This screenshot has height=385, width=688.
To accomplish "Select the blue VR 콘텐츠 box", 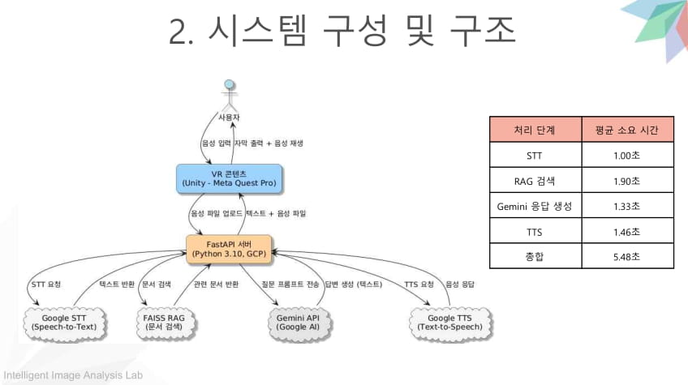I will pyautogui.click(x=230, y=178).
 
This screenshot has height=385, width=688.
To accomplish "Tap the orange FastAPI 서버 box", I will pyautogui.click(x=230, y=248).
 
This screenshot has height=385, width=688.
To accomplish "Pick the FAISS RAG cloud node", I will pyautogui.click(x=165, y=322).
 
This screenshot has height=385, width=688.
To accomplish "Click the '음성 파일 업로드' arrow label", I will pyautogui.click(x=215, y=213).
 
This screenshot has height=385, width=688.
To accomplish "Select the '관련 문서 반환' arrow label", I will pyautogui.click(x=216, y=284).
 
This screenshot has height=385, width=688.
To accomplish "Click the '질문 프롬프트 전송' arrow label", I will pyautogui.click(x=290, y=284).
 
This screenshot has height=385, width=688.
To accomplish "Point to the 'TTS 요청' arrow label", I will pyautogui.click(x=419, y=284).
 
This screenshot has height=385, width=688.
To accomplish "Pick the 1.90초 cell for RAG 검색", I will pyautogui.click(x=626, y=180).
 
